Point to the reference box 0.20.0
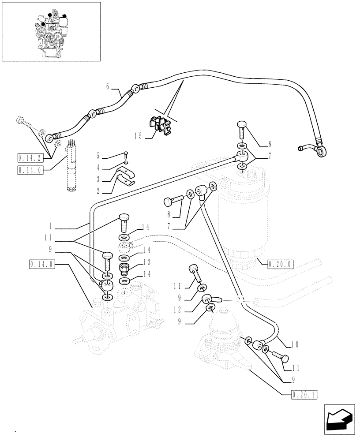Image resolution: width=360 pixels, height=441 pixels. pos(281,265)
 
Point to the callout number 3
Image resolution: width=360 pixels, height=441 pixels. pos(98,179)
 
